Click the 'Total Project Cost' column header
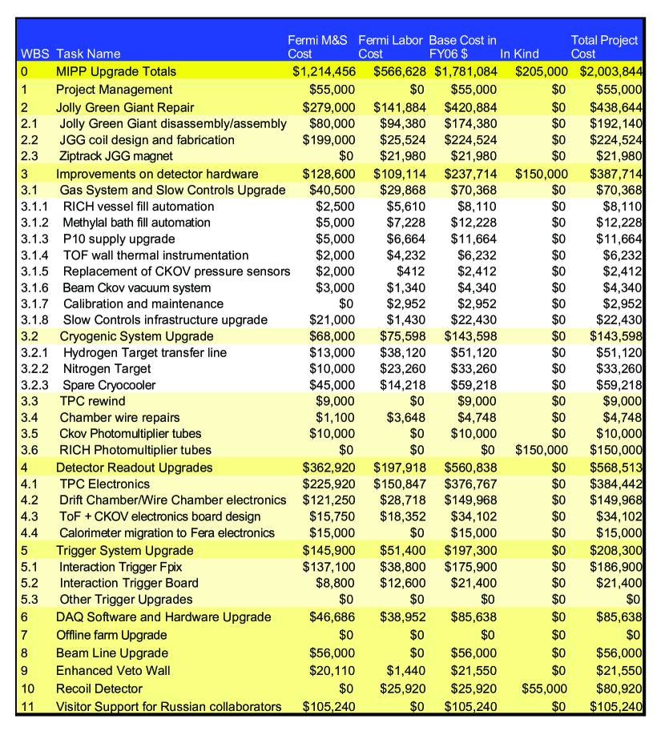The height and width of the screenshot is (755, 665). point(604,46)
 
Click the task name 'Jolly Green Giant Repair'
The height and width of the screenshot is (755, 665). point(125,107)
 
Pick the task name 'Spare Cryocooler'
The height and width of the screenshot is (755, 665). point(110,385)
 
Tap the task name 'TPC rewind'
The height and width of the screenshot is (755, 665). point(92,401)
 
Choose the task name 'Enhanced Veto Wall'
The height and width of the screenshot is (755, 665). point(113,671)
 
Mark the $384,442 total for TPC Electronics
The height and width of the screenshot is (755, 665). point(616,484)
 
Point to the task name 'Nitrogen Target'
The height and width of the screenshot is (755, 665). point(107,369)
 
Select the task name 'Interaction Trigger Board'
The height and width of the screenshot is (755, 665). point(129,583)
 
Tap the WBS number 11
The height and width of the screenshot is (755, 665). point(26,707)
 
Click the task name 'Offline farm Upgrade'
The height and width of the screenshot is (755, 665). point(111,635)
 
